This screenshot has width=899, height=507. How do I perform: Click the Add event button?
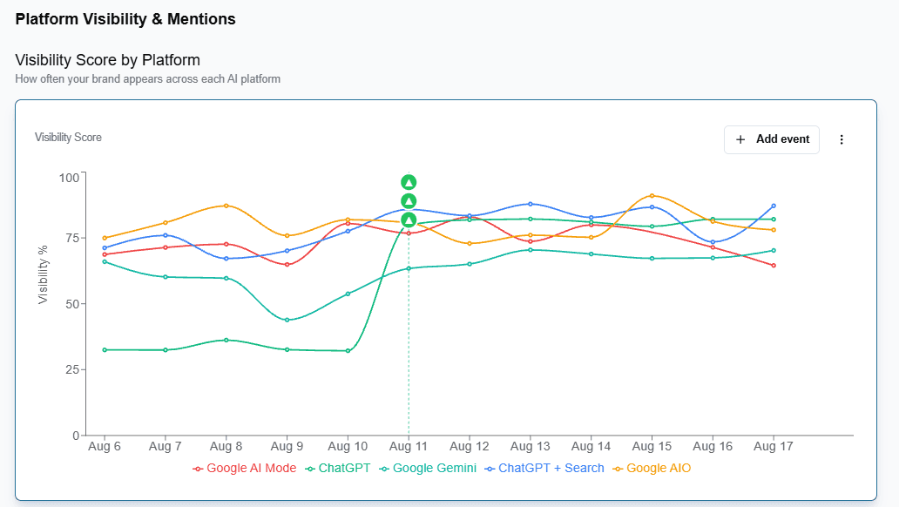point(771,139)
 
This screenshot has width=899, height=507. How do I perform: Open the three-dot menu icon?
point(842,139)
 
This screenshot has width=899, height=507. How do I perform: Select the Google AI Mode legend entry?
point(245,468)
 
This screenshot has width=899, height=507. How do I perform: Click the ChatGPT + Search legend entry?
point(544,468)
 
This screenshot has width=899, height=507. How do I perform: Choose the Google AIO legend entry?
point(652,468)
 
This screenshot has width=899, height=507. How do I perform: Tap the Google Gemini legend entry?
point(428,468)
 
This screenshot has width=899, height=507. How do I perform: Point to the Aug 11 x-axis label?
point(409,446)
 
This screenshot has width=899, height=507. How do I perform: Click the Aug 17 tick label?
point(773,446)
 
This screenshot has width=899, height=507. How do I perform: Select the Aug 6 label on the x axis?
point(105,446)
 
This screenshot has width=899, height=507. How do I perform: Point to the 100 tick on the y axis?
point(69,178)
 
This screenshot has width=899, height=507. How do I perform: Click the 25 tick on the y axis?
point(72,369)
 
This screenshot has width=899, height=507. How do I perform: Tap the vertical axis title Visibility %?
point(43,274)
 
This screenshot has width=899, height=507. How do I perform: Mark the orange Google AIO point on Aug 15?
point(652,196)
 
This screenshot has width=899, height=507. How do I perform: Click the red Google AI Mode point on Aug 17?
point(774,266)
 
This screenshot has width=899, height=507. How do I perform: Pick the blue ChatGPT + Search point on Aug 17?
point(774,206)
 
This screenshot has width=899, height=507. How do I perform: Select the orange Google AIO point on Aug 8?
point(226,206)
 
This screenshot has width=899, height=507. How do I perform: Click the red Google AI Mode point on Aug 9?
point(287,265)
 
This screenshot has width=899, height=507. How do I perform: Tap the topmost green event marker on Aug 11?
point(409,182)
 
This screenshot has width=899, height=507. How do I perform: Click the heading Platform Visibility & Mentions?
point(125,19)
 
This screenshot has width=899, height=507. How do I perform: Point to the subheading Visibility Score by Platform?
point(108,60)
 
